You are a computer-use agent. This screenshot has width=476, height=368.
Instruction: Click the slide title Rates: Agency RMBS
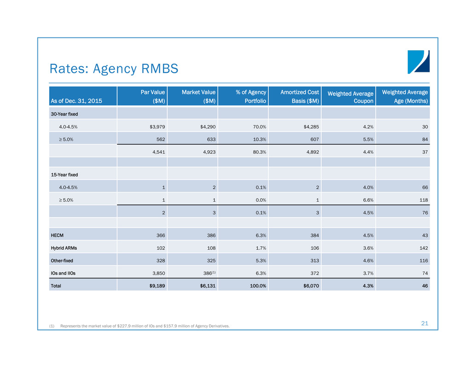pyautogui.click(x=114, y=69)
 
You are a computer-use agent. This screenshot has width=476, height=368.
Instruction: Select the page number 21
pyautogui.click(x=424, y=324)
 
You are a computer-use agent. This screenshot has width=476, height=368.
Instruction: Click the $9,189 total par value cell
pyautogui.click(x=155, y=286)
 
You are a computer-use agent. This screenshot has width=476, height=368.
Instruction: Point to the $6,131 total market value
pyautogui.click(x=206, y=286)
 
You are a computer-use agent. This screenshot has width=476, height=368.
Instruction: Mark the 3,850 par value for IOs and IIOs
pyautogui.click(x=157, y=273)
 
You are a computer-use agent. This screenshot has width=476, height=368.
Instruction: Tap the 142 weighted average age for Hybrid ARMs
pyautogui.click(x=424, y=247)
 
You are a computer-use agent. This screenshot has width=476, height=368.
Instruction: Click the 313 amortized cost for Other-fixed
pyautogui.click(x=314, y=260)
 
